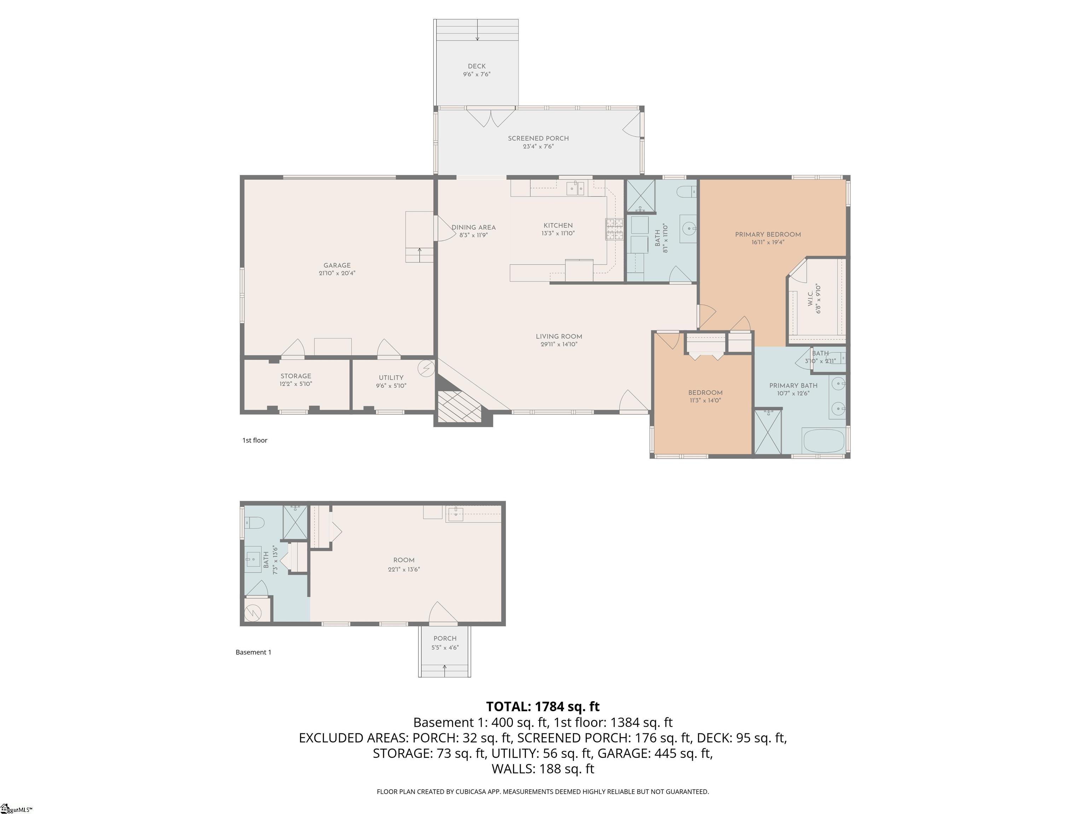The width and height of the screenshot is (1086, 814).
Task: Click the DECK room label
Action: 476,66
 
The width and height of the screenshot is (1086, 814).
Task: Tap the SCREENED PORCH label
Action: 538,138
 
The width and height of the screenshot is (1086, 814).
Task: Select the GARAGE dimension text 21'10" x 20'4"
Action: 337,273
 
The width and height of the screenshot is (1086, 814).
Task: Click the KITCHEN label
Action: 558,226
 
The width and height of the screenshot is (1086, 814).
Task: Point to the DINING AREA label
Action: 473,228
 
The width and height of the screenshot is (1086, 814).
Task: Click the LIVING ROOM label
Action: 559,337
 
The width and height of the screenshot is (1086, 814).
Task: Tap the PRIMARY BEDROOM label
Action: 768,235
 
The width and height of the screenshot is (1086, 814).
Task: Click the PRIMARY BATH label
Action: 793,386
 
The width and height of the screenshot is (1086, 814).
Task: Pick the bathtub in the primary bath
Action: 823,441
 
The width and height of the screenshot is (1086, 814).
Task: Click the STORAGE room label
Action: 296,376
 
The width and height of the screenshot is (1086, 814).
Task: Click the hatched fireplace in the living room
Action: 459,406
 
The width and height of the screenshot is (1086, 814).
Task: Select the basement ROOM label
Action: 404,560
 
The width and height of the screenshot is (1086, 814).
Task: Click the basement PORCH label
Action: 445,638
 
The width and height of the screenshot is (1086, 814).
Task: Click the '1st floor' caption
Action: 255,440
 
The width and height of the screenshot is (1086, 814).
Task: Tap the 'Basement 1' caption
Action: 253,652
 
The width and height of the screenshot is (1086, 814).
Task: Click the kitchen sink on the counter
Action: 576,188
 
